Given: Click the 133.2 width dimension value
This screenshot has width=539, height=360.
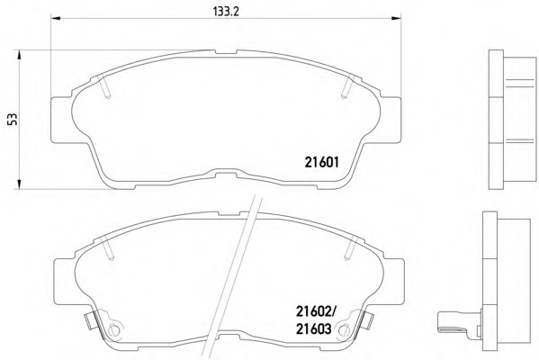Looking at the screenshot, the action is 226,12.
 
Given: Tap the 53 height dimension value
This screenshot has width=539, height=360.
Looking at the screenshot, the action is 13,120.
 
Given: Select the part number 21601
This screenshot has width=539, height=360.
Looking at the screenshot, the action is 322,162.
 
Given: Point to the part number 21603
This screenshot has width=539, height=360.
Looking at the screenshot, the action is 314,329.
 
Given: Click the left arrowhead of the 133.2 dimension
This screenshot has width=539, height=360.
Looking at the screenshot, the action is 56,17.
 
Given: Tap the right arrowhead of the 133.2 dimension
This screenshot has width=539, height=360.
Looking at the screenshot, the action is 396,17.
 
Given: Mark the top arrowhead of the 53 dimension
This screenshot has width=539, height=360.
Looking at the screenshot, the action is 19,55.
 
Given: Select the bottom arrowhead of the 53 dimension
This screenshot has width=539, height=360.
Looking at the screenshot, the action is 19,184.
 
